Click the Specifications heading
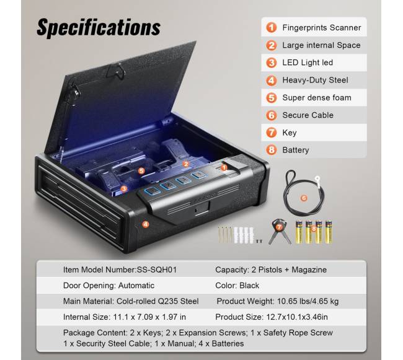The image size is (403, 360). [99, 27]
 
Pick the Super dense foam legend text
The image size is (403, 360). [317, 97]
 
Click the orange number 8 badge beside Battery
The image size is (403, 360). [271, 150]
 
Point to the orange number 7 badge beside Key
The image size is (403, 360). [271, 133]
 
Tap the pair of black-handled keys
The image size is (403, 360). [279, 231]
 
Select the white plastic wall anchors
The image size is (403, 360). [244, 235]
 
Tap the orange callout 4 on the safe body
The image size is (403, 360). [146, 224]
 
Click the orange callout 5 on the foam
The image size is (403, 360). [141, 171]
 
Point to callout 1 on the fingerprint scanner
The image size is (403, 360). [224, 168]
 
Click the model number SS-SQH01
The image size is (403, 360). [157, 270]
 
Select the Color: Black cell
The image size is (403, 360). [237, 286]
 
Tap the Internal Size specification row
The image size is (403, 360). [125, 317]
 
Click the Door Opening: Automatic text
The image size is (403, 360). [108, 286]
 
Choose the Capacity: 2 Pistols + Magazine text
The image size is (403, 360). [271, 270]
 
